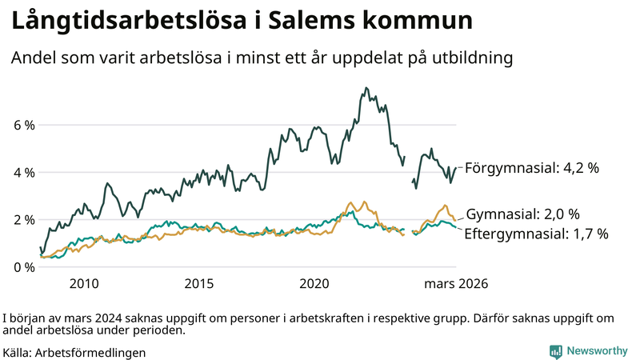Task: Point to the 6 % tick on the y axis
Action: point(23,126)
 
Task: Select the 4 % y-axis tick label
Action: point(23,173)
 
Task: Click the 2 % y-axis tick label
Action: point(23,220)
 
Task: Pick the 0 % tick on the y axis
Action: point(23,267)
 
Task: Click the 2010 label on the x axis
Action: point(84,283)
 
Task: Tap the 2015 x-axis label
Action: point(199,283)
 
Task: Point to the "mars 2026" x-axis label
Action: point(456,283)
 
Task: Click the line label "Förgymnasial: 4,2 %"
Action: point(531,168)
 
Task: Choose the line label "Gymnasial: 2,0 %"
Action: point(522,214)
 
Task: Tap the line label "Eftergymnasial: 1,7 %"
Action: point(537,234)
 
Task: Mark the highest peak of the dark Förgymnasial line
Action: point(366,88)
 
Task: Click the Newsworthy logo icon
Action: point(555,351)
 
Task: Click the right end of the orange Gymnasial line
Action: point(455,220)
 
